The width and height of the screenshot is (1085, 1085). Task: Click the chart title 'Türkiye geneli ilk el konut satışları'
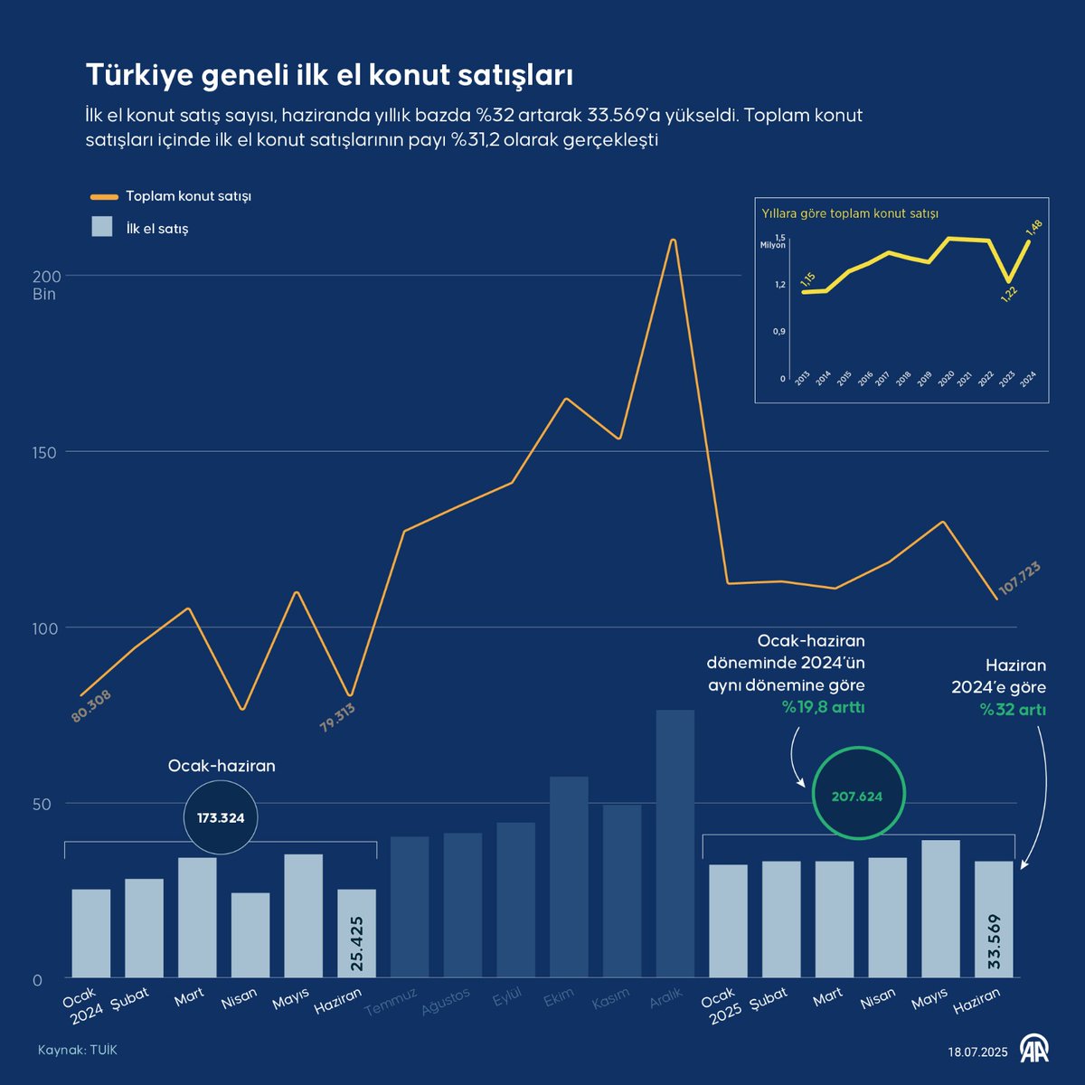click(x=329, y=75)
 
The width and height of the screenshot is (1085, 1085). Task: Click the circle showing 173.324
click(x=221, y=818)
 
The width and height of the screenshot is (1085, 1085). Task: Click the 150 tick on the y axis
click(x=45, y=452)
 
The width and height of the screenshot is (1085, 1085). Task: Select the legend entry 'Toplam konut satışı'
click(x=188, y=196)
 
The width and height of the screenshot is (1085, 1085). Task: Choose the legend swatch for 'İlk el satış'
click(x=102, y=227)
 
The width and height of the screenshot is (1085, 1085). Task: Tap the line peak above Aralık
click(x=673, y=241)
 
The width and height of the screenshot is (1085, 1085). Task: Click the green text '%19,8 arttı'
click(x=823, y=707)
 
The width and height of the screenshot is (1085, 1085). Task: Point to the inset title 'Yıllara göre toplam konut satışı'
click(x=850, y=214)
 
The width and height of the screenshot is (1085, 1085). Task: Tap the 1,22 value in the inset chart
click(x=1009, y=294)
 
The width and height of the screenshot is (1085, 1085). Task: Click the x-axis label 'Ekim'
click(x=559, y=999)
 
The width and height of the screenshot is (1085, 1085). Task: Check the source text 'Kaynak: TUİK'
click(x=78, y=1050)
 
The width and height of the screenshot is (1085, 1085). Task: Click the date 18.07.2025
click(x=977, y=1052)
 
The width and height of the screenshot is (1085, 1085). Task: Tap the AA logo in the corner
click(x=1034, y=1049)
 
